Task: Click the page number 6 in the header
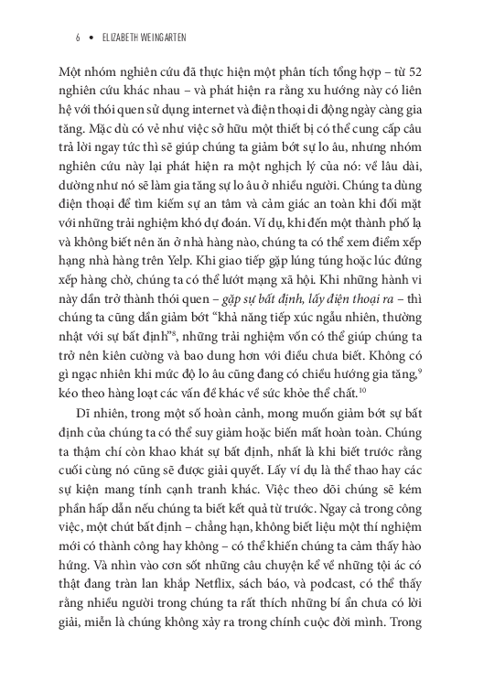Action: click(x=80, y=39)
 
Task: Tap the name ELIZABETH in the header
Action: click(x=125, y=39)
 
